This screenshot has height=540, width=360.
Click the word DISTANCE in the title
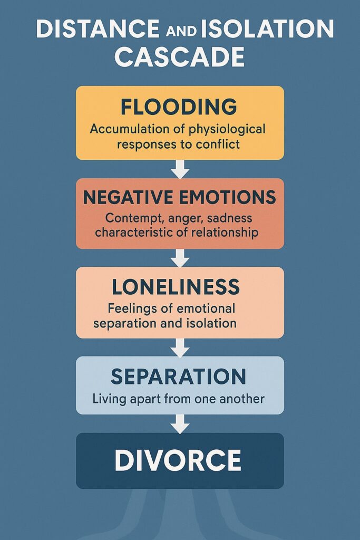(98, 28)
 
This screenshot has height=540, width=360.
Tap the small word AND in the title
(181, 31)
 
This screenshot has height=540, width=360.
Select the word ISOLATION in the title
(267, 28)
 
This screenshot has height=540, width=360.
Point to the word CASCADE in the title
(179, 57)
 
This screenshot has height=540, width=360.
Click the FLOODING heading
(179, 107)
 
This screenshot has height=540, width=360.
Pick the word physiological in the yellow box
(227, 130)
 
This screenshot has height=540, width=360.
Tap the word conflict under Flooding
(218, 144)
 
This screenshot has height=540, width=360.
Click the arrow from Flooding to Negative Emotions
(180, 169)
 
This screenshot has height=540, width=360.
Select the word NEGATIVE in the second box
(128, 197)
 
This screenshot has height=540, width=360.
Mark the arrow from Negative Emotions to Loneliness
(180, 258)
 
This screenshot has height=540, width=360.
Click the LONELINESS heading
(176, 287)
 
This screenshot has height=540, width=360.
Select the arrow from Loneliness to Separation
(180, 348)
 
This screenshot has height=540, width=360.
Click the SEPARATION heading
(178, 377)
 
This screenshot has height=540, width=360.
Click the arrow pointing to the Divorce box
(180, 423)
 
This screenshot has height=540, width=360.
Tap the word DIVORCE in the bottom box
(178, 460)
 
